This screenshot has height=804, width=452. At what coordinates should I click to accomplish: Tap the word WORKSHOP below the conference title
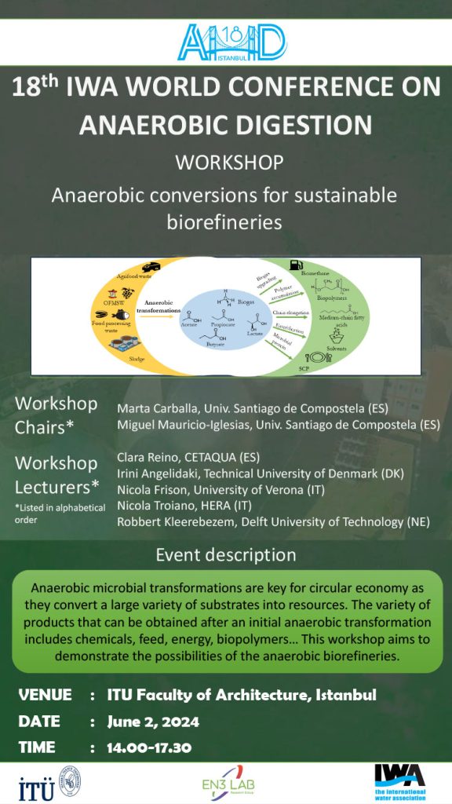(x=229, y=163)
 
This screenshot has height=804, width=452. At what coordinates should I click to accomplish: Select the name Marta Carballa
(x=153, y=409)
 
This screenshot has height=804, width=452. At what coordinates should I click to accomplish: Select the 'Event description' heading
(x=226, y=554)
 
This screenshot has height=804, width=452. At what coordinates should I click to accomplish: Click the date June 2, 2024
(x=153, y=721)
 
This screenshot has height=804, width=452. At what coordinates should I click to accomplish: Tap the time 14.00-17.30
(x=149, y=747)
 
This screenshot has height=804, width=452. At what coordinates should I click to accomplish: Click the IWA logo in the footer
(x=399, y=782)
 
